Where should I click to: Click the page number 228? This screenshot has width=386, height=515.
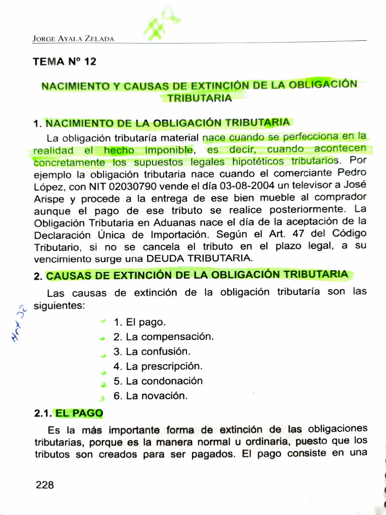45,485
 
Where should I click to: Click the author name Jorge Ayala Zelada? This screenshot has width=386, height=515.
73,38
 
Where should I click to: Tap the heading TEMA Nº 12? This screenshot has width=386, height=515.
64,62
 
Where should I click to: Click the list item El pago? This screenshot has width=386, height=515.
139,322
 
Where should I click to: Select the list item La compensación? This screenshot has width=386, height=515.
163,337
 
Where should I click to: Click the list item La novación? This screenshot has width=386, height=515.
150,396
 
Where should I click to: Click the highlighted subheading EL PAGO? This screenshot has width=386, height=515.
79,413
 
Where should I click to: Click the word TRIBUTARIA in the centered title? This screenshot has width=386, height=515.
200,98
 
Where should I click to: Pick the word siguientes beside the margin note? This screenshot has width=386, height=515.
59,306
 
